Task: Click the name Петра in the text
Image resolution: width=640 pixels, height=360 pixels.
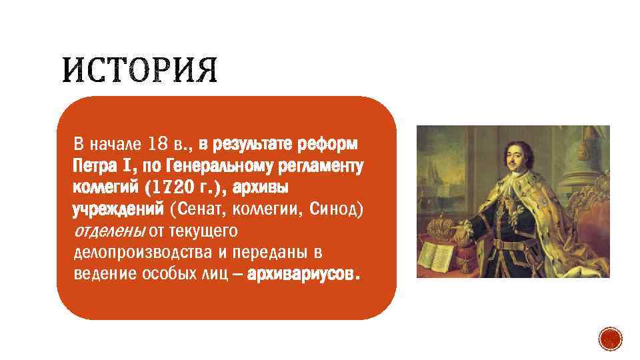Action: (95, 165)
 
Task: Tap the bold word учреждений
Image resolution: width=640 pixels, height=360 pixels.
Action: (117, 209)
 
